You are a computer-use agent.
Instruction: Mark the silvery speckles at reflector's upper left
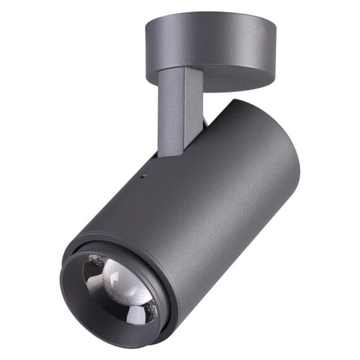pos(95,260)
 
